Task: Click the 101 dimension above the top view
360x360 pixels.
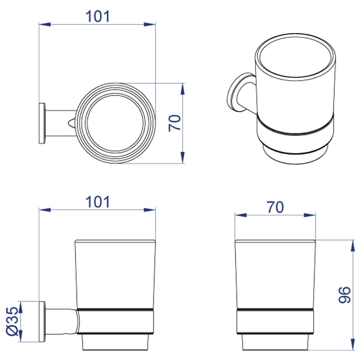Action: point(98,17)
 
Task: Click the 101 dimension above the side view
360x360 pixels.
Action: point(98,202)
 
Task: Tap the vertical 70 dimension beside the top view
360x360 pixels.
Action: point(175,123)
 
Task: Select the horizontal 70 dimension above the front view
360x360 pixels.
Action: point(275,207)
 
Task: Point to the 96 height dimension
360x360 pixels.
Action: point(345,295)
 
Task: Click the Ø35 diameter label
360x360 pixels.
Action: point(12,321)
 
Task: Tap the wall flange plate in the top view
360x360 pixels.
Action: point(42,123)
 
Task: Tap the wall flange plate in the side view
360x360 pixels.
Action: point(42,321)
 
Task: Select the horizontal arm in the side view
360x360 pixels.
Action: point(61,321)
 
